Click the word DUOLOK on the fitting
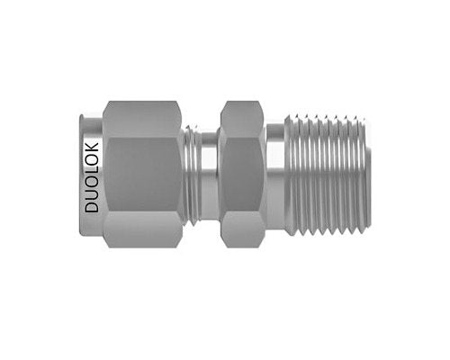pyautogui.click(x=92, y=177)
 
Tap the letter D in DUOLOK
pyautogui.click(x=92, y=207)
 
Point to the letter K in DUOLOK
pyautogui.click(x=92, y=148)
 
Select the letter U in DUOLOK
pyautogui.click(x=92, y=195)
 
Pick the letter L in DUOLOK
pyautogui.click(x=92, y=172)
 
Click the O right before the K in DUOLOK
pyautogui.click(x=92, y=160)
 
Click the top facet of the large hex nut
pyautogui.click(x=142, y=119)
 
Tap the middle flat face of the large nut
pyautogui.click(x=144, y=175)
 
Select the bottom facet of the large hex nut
pyautogui.click(x=142, y=229)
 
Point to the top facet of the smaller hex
pyautogui.click(x=242, y=119)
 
